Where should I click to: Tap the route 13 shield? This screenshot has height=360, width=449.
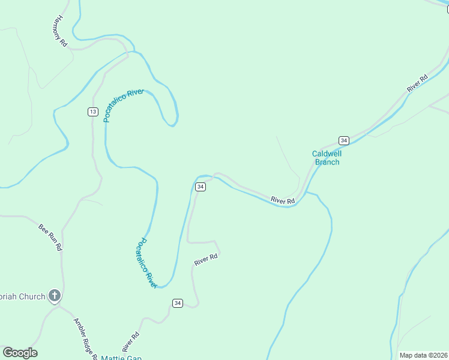point(92,112)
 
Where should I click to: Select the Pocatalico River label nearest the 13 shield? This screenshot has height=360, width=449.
point(124,105)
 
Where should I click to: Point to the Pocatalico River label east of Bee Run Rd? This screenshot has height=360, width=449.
point(146,263)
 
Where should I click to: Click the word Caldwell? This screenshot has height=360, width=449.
point(327,154)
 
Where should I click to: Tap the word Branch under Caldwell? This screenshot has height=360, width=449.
point(327,162)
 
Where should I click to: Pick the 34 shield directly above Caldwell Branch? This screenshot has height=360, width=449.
point(343,140)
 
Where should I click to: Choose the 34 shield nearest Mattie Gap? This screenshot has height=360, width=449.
point(177,303)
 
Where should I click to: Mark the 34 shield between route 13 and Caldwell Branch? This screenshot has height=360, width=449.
point(200,187)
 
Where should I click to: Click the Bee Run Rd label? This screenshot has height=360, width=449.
point(50,237)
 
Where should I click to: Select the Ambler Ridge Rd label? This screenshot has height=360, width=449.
point(85,338)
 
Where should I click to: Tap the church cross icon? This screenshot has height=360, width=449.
point(55,295)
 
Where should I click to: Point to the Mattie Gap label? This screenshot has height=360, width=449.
point(121,358)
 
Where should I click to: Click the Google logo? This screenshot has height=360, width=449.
point(20,353)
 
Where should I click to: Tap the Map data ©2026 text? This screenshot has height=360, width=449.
point(423,355)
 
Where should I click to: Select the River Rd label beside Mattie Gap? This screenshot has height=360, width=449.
point(131,341)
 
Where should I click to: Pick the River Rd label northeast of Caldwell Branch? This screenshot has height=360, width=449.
point(417,83)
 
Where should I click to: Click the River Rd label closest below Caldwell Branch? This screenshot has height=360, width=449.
point(282,200)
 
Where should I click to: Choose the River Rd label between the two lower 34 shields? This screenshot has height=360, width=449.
point(205,260)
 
